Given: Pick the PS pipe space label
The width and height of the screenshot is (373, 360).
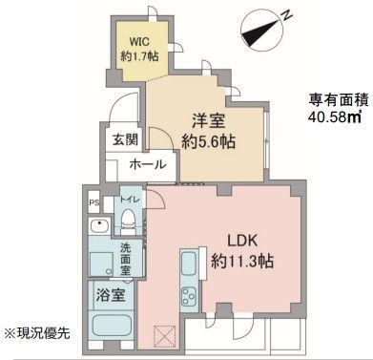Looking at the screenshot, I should click(93, 203).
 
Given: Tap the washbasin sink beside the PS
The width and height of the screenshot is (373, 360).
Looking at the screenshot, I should click(97, 230).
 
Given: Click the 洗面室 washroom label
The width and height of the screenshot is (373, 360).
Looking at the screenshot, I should click(125, 258).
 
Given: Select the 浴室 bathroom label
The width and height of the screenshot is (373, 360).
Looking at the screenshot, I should click(110, 297).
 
